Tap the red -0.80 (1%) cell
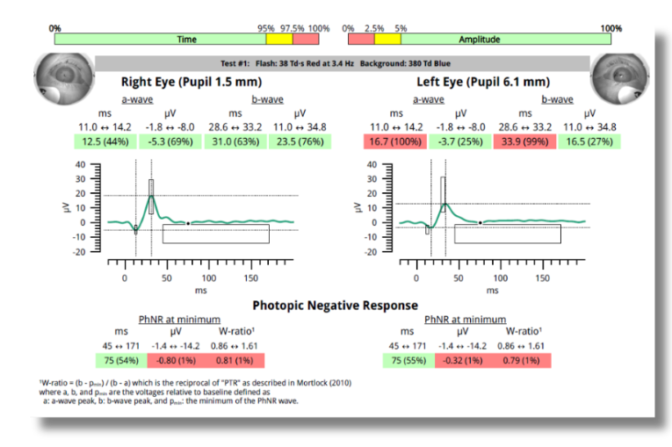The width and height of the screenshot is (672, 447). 167,360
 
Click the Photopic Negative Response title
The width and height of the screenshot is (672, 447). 336,305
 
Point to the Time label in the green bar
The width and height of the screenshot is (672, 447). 186,40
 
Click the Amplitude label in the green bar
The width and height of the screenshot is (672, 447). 479,40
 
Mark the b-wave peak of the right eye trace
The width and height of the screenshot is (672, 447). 151,196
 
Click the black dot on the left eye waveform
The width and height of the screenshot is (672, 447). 481,223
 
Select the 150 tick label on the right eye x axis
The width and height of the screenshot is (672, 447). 250,278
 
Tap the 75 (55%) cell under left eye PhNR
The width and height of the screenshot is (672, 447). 408,360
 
